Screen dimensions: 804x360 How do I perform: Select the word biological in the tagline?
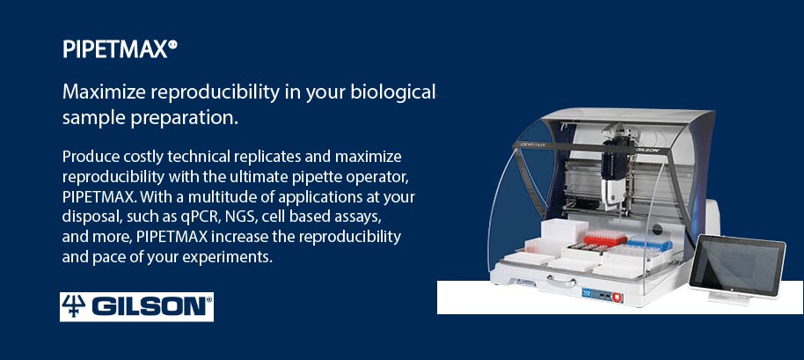pos(393,92)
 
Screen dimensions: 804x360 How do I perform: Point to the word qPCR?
pos(195,217)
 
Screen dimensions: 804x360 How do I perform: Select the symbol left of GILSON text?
pos(73,306)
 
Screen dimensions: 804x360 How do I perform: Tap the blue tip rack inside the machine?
pos(650,242)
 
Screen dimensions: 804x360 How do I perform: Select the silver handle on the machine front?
pos(561,281)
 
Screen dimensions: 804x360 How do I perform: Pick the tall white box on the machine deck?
pos(563,231)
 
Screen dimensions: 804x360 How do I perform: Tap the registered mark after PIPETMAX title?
pos(173,45)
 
